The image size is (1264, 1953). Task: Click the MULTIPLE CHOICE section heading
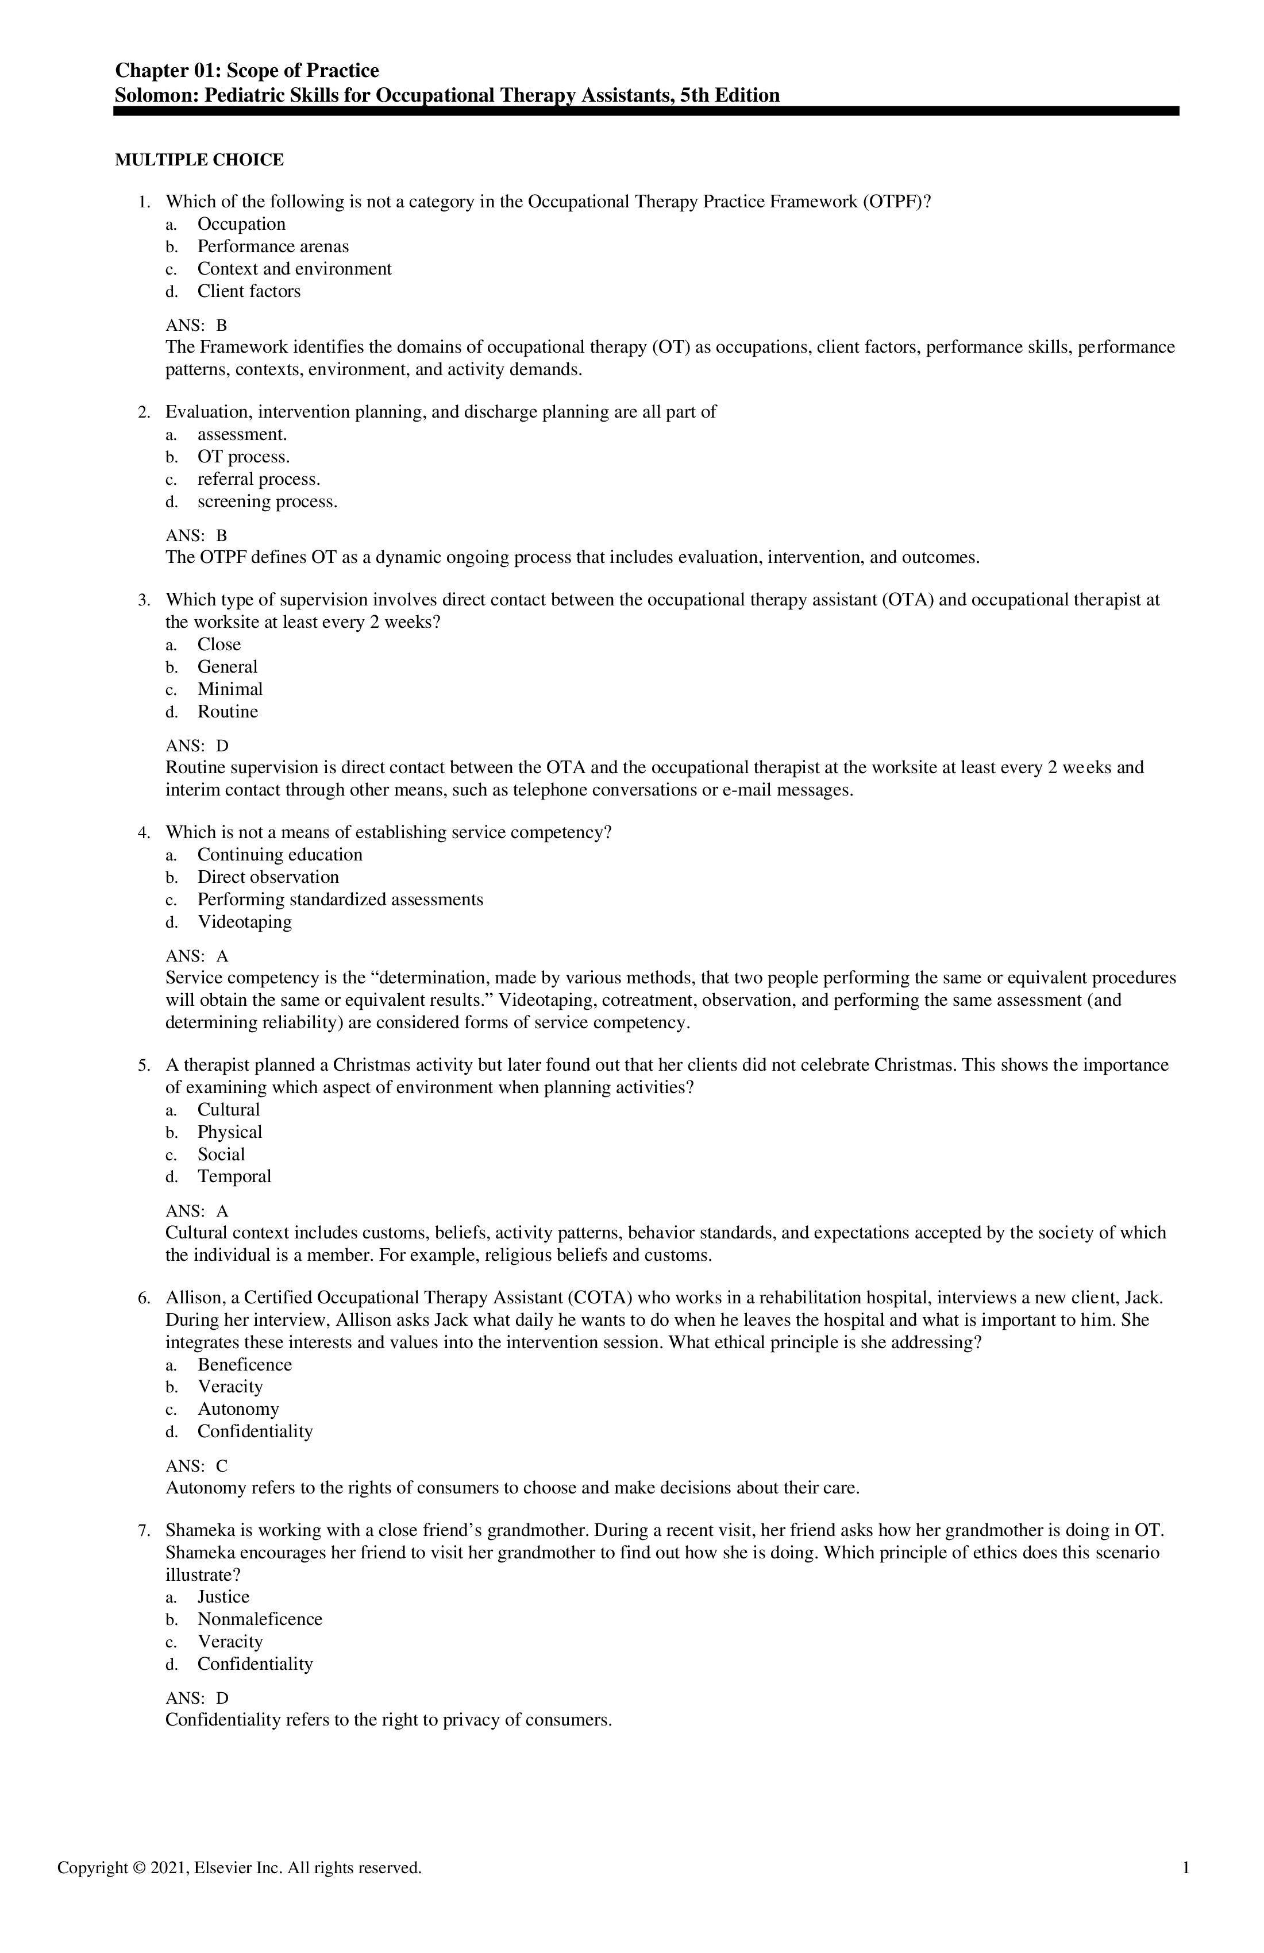199,160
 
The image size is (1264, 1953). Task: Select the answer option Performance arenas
272,246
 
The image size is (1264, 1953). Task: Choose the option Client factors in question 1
249,291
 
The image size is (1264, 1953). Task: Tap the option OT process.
243,457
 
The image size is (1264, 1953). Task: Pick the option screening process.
267,501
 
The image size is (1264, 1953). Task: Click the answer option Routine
228,712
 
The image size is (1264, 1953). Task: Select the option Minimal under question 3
230,689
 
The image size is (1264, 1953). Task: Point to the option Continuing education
279,855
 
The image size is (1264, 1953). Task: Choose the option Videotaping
244,923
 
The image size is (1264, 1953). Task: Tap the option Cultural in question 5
228,1110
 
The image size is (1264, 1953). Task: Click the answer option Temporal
234,1177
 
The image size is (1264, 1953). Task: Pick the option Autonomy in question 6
238,1409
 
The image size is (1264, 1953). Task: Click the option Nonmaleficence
259,1619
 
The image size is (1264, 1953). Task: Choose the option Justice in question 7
223,1597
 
